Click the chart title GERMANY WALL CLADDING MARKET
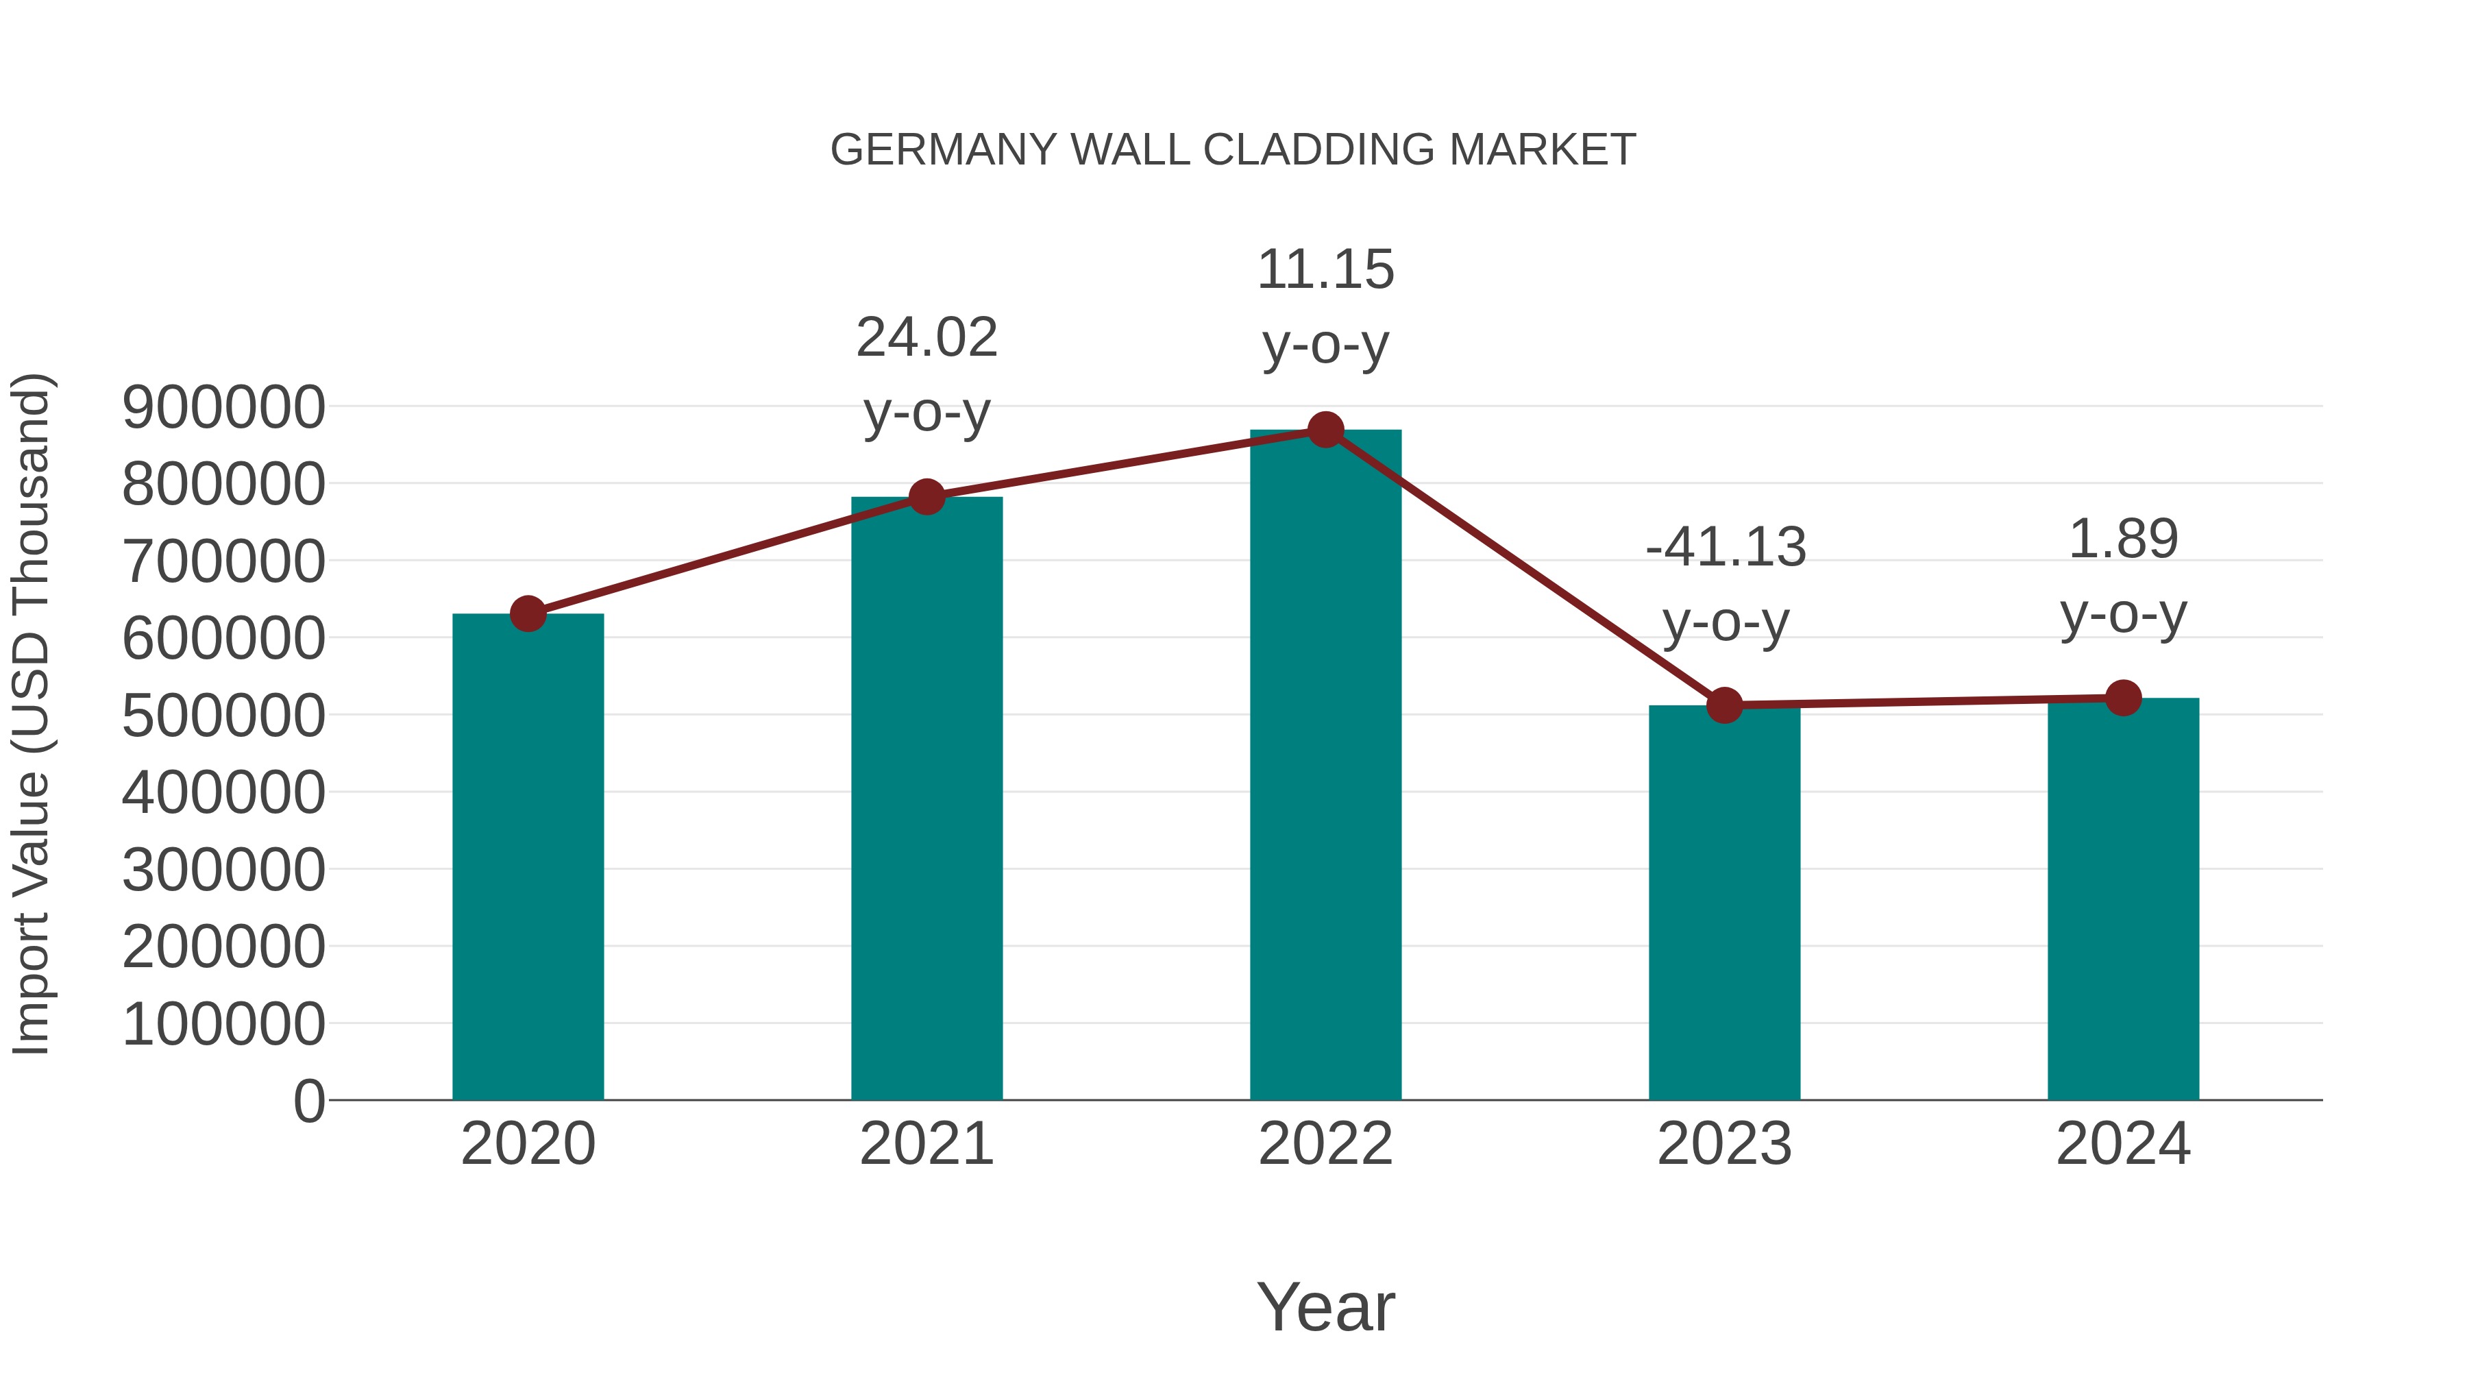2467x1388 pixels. (x=1233, y=150)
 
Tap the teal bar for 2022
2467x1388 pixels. (x=1325, y=766)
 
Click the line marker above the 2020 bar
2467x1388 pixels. (x=528, y=614)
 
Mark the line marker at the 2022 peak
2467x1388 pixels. (x=1325, y=430)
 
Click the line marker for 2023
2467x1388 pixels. (x=1724, y=706)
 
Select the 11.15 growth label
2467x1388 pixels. (x=1325, y=270)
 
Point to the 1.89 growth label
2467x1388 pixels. (x=2123, y=539)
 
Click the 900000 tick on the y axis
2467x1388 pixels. (x=224, y=407)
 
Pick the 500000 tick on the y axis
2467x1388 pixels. (x=224, y=716)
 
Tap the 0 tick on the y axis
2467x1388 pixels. (x=309, y=1101)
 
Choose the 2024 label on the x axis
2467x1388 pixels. (x=2123, y=1145)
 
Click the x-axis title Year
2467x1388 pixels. (x=1325, y=1308)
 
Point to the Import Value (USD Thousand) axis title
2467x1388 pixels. (x=31, y=714)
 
